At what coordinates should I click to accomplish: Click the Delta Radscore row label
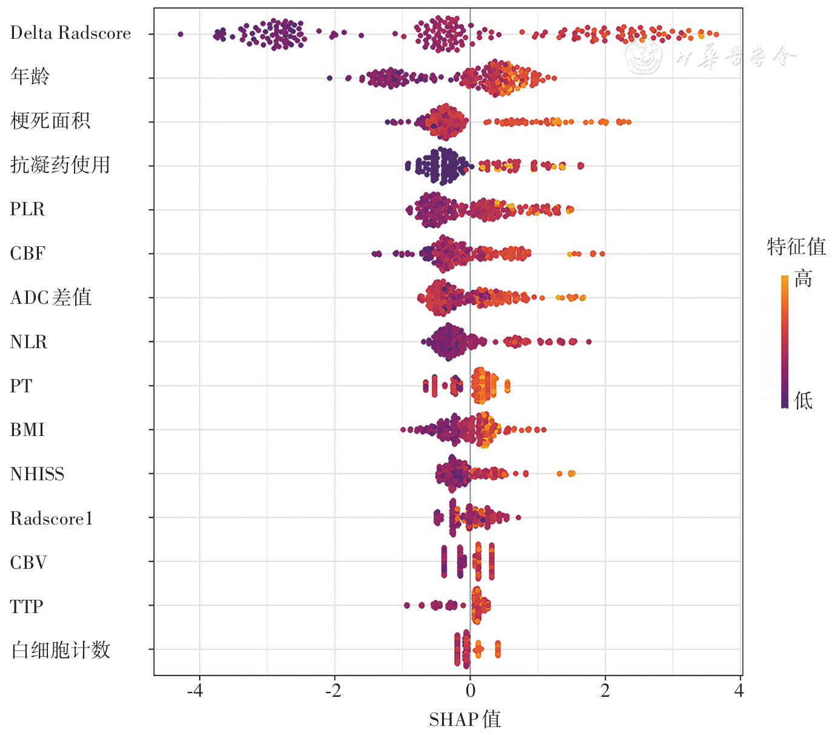coord(70,33)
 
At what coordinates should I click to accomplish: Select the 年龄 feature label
coord(30,76)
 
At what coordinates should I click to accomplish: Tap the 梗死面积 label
coord(50,121)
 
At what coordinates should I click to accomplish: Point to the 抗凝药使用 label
coord(60,165)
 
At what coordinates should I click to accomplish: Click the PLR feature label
coord(27,209)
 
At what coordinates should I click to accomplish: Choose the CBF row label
coord(27,253)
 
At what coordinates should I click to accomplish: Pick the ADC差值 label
coord(51,298)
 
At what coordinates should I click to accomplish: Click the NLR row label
coord(29,342)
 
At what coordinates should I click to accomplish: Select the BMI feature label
coord(27,430)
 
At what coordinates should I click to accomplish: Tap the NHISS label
coord(37,474)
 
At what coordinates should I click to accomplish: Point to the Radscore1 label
coord(52,519)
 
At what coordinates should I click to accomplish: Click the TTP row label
coord(27,606)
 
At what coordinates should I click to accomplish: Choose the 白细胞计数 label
coord(61,650)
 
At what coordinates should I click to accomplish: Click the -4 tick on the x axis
coord(195,691)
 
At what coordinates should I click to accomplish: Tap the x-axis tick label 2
coord(605,691)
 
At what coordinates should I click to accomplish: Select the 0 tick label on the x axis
coord(470,691)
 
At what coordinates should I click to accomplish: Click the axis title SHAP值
coord(465,719)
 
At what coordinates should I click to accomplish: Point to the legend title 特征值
coord(796,247)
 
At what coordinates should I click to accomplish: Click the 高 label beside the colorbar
coord(803,279)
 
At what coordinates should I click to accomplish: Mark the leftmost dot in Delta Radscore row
coord(180,34)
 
